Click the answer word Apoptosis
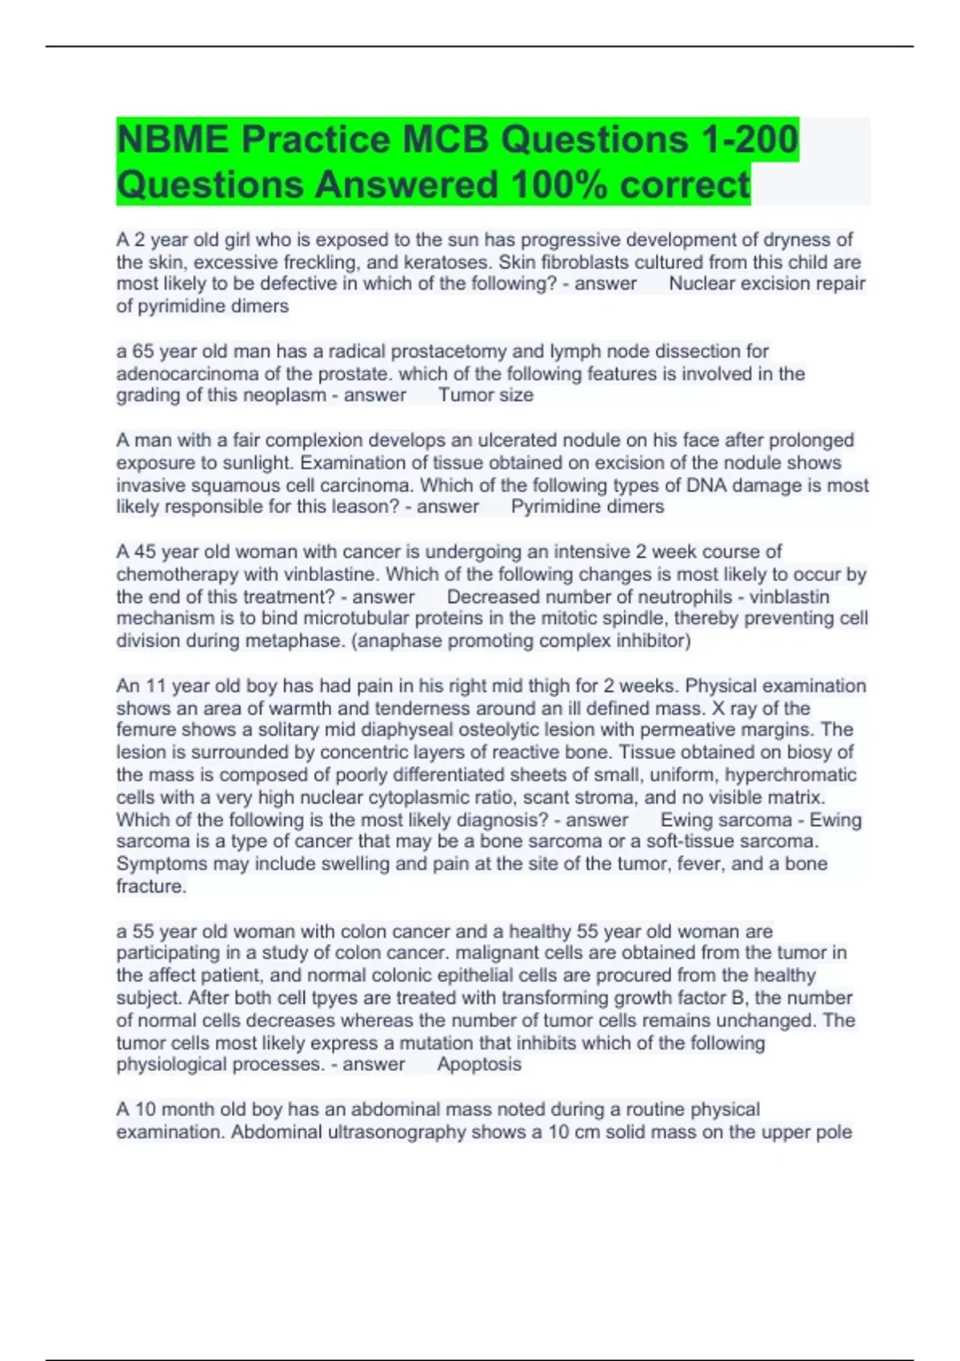pos(479,1064)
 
